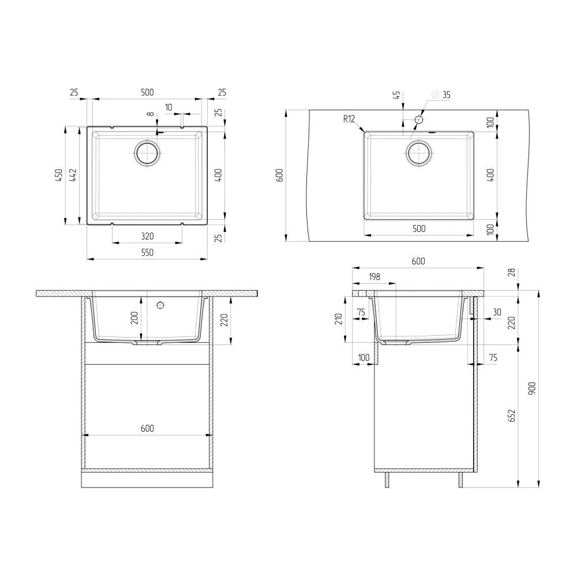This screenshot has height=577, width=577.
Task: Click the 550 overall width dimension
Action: click(x=147, y=252)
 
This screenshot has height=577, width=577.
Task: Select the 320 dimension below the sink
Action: click(x=147, y=236)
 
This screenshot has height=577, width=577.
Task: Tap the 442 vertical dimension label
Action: click(x=73, y=175)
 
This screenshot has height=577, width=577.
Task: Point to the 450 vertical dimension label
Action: click(x=58, y=175)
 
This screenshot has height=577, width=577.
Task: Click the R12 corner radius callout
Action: click(x=348, y=119)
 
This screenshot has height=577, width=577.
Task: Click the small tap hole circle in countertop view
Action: click(x=419, y=119)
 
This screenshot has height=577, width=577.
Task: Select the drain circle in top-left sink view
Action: click(x=147, y=153)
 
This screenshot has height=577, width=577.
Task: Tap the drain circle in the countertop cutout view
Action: click(x=418, y=153)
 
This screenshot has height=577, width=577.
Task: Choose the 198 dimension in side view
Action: click(x=374, y=277)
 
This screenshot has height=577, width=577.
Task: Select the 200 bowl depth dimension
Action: click(x=134, y=319)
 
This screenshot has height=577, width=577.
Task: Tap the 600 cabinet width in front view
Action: click(x=147, y=428)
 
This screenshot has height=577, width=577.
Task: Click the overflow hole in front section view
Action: click(x=161, y=304)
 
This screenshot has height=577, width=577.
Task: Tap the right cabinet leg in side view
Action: click(x=461, y=480)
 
